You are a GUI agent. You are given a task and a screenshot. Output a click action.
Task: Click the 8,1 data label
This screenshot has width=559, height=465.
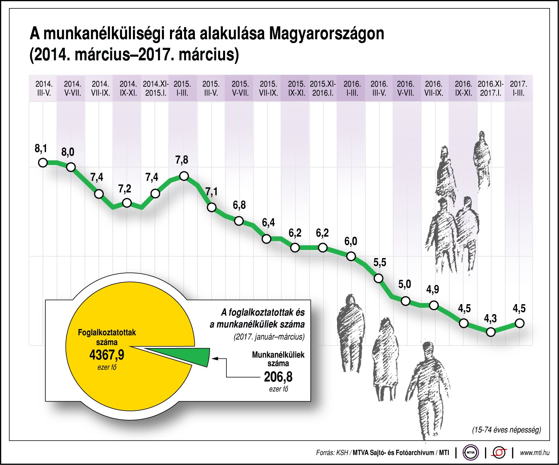point(41,148)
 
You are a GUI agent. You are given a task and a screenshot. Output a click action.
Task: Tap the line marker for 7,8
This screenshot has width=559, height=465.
point(184,176)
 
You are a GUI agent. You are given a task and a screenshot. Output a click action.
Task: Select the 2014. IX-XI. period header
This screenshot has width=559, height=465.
point(128,88)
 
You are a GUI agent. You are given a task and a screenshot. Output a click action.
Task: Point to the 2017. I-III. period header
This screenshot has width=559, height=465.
point(518,88)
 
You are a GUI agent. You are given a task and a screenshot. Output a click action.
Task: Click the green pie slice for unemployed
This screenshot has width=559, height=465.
point(188,356)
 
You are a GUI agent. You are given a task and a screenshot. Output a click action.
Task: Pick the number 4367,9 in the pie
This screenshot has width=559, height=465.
point(107,355)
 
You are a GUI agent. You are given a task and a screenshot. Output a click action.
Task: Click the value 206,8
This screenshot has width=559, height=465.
point(278,377)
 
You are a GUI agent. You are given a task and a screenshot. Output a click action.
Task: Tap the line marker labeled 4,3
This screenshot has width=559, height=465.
point(491,332)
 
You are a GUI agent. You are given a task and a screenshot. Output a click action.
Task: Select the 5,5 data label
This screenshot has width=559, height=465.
point(380,262)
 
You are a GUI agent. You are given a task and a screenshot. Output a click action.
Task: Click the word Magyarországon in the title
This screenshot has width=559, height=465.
point(327,34)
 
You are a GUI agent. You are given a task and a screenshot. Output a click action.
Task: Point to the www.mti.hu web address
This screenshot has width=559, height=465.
point(535,453)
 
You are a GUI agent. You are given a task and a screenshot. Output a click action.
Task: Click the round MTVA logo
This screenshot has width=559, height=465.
point(471,453)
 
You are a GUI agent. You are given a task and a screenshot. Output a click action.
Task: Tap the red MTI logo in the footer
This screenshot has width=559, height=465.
point(499,453)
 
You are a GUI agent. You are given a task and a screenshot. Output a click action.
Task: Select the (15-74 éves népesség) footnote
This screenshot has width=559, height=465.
point(507,430)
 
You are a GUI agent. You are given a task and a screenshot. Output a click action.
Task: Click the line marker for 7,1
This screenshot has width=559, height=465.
point(212,207)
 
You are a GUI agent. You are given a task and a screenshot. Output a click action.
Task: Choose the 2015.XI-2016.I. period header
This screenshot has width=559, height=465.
point(322,88)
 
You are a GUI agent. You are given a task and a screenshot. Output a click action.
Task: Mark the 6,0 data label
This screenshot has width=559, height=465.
point(351,241)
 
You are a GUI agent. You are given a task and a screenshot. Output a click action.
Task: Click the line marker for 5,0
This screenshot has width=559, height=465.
point(406,301)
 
